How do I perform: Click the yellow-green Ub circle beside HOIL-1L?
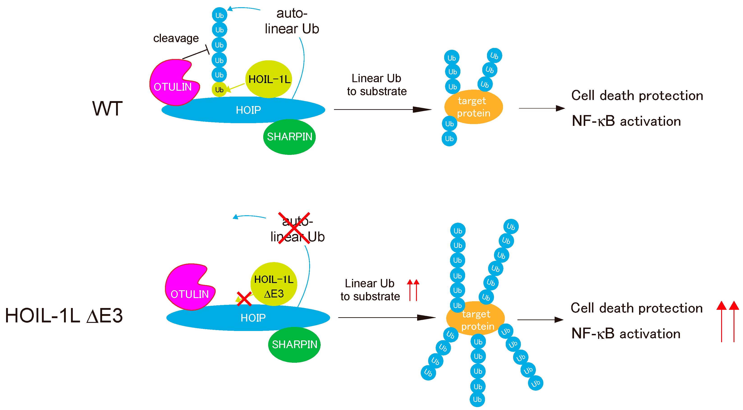pos(219,90)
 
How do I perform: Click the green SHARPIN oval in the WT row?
pos(289,137)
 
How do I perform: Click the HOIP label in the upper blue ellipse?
pos(248,110)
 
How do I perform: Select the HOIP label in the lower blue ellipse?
pos(253,318)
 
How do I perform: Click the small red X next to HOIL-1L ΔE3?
pos(244,299)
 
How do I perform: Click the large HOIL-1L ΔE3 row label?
pos(64,315)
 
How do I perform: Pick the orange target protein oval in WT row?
pos(473,107)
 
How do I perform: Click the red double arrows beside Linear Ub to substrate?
pos(413,290)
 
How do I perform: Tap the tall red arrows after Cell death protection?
pos(727,321)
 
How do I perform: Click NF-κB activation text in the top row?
pos(626,121)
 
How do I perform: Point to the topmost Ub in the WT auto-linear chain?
pos(219,15)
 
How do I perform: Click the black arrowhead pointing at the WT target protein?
pos(422,109)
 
